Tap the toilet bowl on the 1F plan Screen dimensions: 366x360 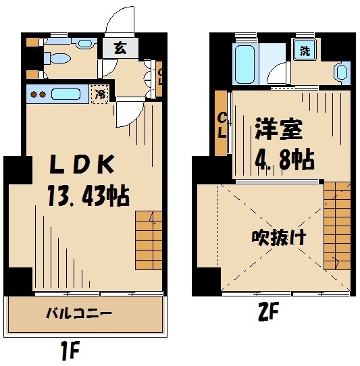click(x=58, y=57)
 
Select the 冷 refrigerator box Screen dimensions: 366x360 click(x=100, y=94)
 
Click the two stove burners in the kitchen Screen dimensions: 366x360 click(x=38, y=95)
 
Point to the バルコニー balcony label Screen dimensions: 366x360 click(x=79, y=314)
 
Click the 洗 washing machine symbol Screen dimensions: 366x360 click(x=305, y=51)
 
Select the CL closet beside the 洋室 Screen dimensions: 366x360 click(x=222, y=126)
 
